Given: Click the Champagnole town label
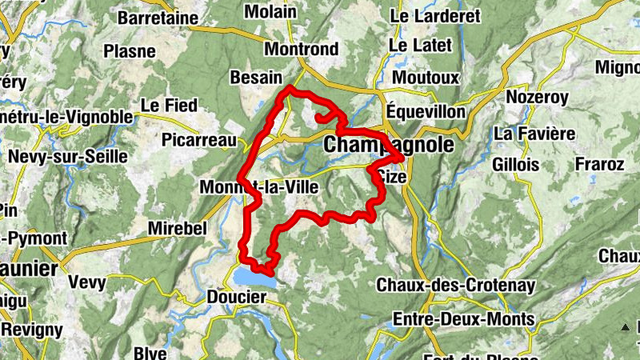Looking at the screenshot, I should tap(388, 146).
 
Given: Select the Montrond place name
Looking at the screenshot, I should tap(301, 49).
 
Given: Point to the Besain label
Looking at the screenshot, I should tap(256, 78).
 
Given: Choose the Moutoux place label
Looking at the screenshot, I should tap(426, 78).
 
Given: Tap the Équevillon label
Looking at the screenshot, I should tap(425, 111).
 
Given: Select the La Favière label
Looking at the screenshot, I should tap(535, 132).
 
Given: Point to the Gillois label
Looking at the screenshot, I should tap(516, 163).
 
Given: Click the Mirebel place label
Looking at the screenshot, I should tap(178, 229).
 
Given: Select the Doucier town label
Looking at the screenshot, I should tap(237, 297).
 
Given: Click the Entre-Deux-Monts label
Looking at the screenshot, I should tap(463, 319).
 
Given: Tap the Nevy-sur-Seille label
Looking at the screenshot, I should tap(67, 157).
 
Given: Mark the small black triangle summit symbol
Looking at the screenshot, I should tap(625, 326).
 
